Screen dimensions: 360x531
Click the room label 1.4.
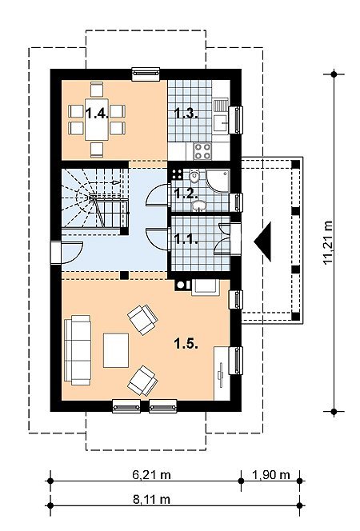(x=97, y=113)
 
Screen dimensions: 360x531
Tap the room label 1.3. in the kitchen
(x=186, y=113)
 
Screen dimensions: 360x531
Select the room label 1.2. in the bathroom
(x=186, y=194)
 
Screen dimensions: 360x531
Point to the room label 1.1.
(x=186, y=238)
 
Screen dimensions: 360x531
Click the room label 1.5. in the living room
(x=186, y=344)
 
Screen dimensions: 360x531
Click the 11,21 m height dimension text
(x=328, y=242)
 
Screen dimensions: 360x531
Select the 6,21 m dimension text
(x=151, y=475)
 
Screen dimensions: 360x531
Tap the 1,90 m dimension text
(x=271, y=475)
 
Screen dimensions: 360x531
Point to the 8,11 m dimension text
(x=151, y=500)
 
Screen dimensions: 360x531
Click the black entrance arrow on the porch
(x=263, y=242)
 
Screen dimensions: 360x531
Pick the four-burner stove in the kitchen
(x=202, y=151)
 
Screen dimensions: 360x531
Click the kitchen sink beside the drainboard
(x=221, y=122)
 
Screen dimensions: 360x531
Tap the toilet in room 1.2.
(x=194, y=178)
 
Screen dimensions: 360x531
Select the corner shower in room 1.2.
(x=218, y=182)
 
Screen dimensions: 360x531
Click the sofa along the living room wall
(x=78, y=350)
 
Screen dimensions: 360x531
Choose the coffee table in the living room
(x=116, y=350)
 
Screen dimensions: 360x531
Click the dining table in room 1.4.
(x=97, y=119)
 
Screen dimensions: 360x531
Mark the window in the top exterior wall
(x=146, y=74)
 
